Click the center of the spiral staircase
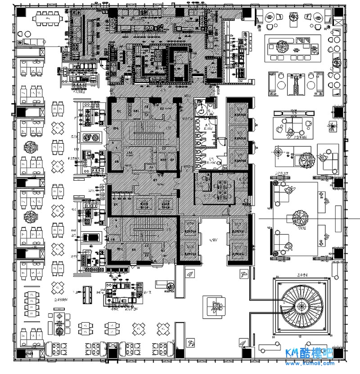[299, 307]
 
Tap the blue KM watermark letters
[296, 354]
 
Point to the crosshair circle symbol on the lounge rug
[279, 153]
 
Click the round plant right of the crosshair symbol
[306, 159]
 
